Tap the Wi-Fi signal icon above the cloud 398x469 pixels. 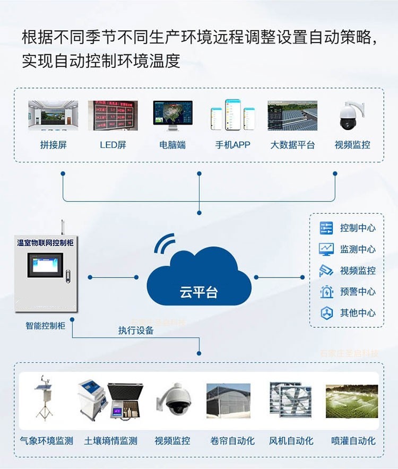pos(165,243)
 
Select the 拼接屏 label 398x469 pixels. pos(53,145)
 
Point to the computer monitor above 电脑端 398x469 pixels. pos(173,114)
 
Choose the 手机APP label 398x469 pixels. pos(232,145)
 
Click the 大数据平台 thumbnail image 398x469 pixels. pos(292,115)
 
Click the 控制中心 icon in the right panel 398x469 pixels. pos(326,228)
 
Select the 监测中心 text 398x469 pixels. pos(358,249)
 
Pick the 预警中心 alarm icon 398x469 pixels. pos(326,292)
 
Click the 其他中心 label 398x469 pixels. pos(358,313)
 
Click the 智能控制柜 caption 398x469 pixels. pos(45,325)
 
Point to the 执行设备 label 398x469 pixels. pos(136,330)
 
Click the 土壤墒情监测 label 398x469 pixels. pos(110,441)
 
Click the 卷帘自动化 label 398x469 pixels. pos(232,441)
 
